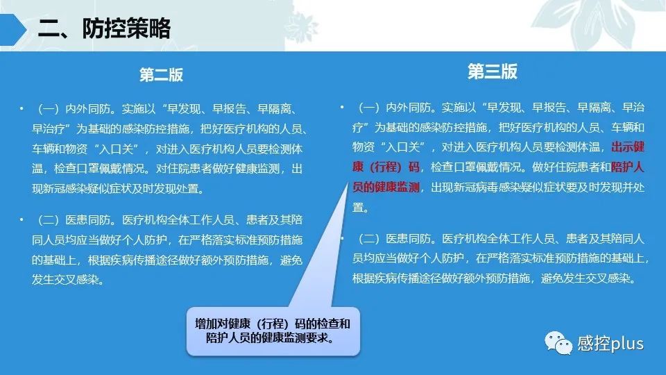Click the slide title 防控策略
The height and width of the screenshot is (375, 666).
126,29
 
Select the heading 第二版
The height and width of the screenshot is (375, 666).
162,75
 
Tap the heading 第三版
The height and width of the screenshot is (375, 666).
493,72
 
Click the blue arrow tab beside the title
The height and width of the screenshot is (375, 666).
13,29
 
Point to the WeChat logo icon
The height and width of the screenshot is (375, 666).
558,342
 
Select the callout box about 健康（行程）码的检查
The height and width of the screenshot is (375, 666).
273,331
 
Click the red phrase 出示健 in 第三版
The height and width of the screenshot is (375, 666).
628,147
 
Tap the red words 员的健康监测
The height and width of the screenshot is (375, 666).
386,187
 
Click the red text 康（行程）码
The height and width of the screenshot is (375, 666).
386,167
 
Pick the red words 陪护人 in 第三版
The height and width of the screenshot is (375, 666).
628,167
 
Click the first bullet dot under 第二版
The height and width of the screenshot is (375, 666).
22,109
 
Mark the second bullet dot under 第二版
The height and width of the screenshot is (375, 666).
22,220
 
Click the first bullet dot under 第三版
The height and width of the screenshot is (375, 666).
342,107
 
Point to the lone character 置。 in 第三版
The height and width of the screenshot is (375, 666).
361,208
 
